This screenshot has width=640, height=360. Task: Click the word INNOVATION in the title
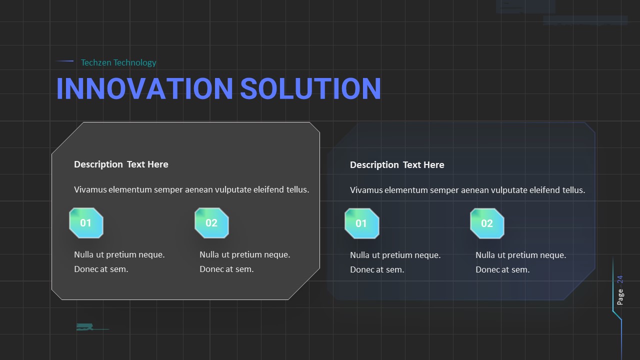pos(144,88)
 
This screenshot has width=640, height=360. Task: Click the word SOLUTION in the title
pos(310,88)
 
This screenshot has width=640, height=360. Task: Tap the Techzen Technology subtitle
pos(118,62)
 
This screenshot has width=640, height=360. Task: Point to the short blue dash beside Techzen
pos(65,61)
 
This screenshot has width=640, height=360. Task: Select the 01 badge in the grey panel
pos(86,223)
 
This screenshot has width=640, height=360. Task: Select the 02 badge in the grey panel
pos(211,223)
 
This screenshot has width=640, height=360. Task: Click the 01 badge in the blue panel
pos(361,223)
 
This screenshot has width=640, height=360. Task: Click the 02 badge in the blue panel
pos(487,223)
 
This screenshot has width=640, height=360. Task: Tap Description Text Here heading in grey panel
pos(121,164)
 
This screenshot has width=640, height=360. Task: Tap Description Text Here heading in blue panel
pos(397,165)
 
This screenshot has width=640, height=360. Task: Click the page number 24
pos(620,279)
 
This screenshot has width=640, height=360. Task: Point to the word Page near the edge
pos(620,296)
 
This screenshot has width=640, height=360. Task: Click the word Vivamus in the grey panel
pos(90,189)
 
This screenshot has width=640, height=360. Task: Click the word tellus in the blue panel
pos(573,190)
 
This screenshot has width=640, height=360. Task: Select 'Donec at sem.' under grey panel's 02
pos(226,269)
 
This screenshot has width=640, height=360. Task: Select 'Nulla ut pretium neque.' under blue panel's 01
pos(395,255)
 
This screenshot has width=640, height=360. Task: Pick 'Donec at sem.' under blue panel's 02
pos(502,269)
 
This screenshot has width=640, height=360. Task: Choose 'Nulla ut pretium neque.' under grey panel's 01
pos(119,254)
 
